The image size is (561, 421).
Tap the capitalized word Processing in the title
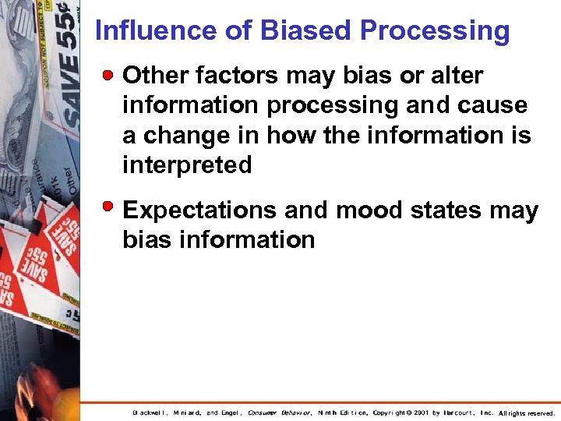tap(435, 31)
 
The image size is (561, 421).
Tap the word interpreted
tap(187, 165)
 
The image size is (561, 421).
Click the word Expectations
tap(200, 210)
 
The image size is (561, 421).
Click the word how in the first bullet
tap(295, 135)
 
